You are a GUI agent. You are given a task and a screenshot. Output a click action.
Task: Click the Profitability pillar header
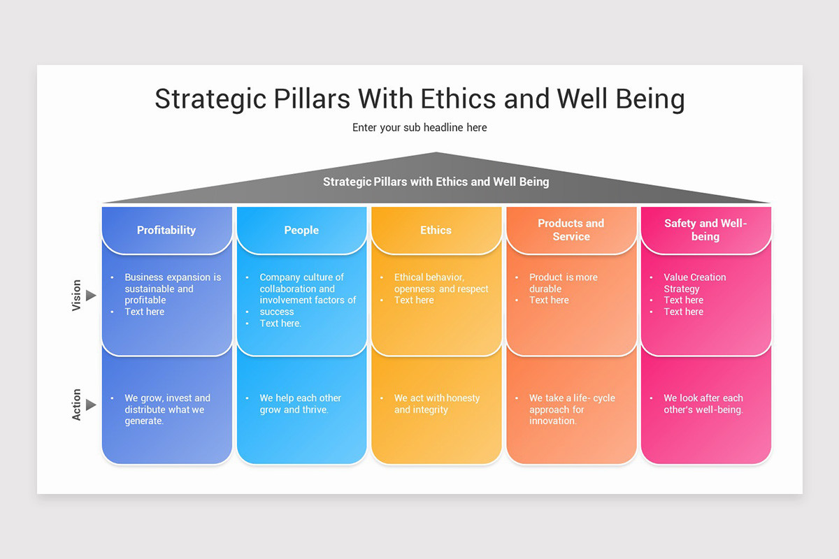tap(166, 230)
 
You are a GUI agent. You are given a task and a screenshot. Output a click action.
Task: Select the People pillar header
tap(301, 230)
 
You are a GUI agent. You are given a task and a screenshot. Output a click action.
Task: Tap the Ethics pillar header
tap(436, 230)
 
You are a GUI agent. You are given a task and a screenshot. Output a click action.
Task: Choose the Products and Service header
tap(571, 230)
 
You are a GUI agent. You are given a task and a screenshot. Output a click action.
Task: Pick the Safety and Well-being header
tap(705, 230)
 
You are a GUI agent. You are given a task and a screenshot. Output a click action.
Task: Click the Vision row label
tap(77, 296)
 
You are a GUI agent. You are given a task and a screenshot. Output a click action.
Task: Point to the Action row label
tap(77, 405)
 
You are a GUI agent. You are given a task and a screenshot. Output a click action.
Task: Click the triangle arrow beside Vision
tap(91, 296)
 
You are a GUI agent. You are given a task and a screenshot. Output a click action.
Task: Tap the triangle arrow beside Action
tap(91, 405)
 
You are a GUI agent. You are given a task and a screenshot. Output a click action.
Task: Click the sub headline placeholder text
tap(419, 128)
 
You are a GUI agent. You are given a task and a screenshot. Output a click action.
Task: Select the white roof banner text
tap(436, 182)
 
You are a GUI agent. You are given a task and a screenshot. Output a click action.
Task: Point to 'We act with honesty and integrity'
tap(437, 404)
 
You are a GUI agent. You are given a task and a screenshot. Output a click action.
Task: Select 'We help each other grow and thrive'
tap(301, 404)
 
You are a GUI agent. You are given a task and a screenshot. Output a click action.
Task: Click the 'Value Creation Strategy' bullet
tap(695, 283)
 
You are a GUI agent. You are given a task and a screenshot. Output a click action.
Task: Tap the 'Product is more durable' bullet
tap(564, 283)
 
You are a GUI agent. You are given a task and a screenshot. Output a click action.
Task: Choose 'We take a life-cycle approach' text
tap(572, 409)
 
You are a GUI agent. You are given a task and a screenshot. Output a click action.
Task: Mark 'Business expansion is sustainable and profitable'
tap(173, 289)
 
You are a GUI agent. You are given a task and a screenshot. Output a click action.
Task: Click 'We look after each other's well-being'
tap(703, 404)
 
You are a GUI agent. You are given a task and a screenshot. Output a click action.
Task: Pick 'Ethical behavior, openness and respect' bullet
tap(441, 283)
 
